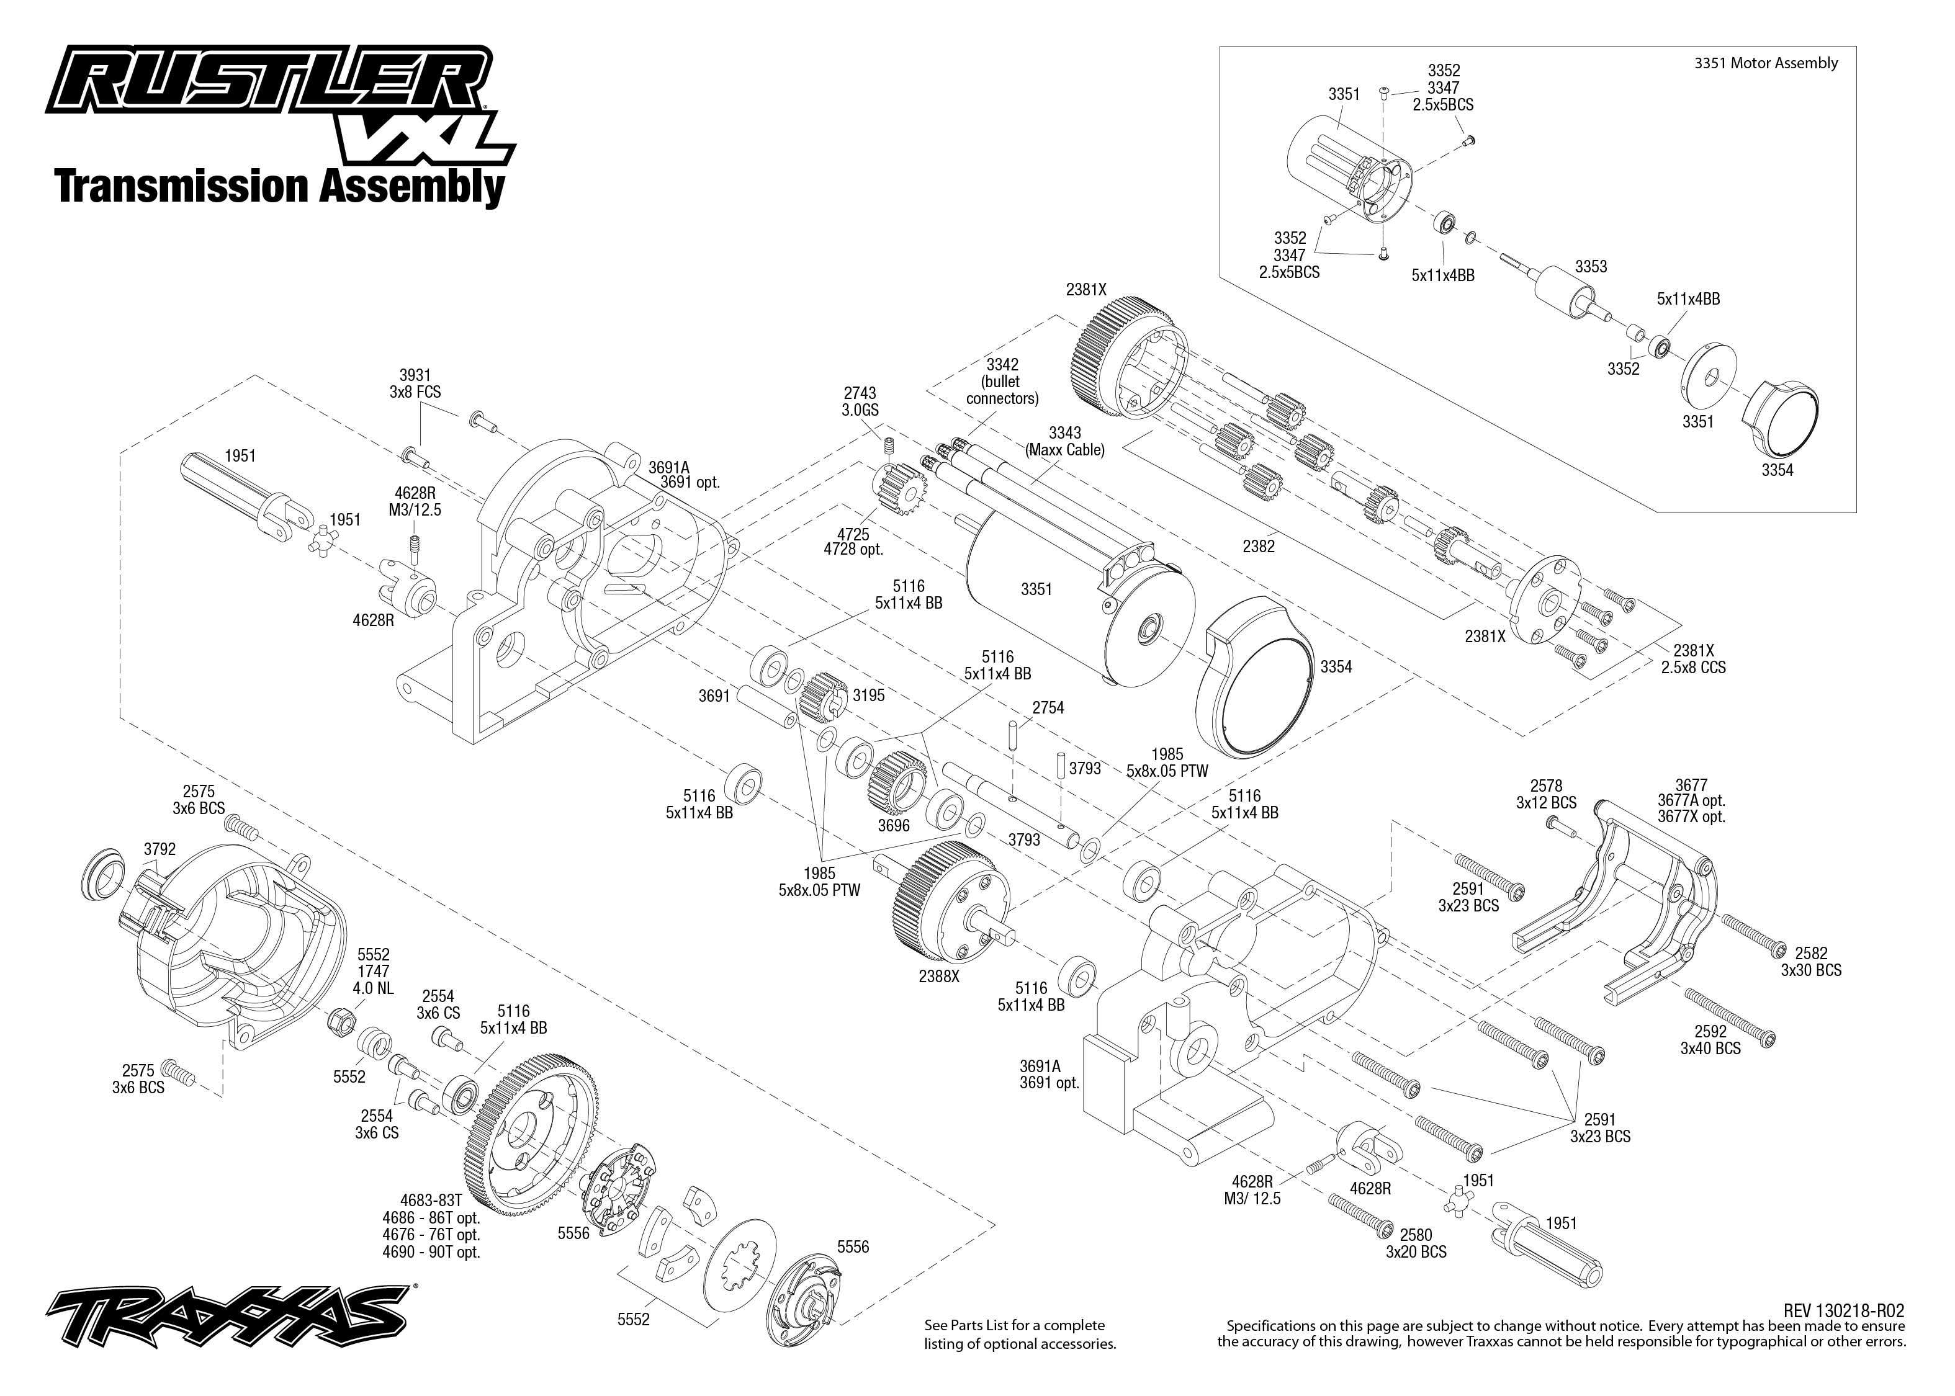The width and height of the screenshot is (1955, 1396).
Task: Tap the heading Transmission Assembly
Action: click(279, 187)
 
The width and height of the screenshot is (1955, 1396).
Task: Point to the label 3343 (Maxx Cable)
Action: click(1064, 441)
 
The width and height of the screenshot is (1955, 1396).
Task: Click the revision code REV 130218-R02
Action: click(1843, 1310)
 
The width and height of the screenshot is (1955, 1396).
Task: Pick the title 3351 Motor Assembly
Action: click(1765, 63)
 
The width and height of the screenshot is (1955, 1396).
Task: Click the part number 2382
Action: click(1259, 546)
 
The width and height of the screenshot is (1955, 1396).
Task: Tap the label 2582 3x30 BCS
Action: click(1810, 961)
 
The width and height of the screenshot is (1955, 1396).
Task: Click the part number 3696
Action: click(893, 825)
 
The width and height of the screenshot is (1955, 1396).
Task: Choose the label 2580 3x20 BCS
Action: click(1415, 1243)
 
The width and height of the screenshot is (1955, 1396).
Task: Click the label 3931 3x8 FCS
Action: click(415, 383)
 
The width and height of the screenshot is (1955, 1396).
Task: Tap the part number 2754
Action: click(1048, 707)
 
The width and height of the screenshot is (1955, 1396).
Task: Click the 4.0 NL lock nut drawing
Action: click(341, 1021)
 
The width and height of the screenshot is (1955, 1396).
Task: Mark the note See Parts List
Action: click(1020, 1334)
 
